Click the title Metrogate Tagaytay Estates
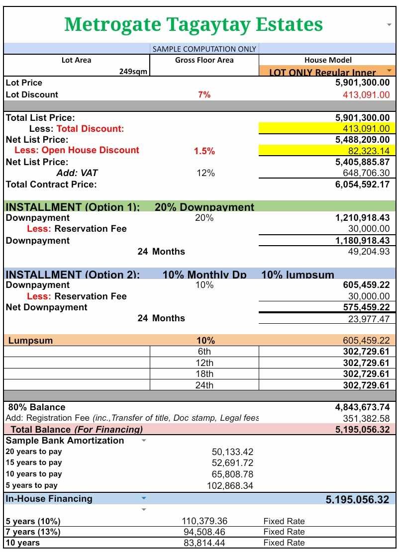click(193, 24)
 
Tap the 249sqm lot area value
click(133, 72)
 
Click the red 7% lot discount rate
click(204, 94)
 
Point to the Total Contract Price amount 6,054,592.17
click(362, 184)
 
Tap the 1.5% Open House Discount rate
click(204, 151)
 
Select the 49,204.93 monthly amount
click(369, 252)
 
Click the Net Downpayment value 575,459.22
click(366, 307)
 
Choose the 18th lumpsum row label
click(204, 374)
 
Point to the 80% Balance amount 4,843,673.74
click(362, 407)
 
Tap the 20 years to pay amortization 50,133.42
click(232, 452)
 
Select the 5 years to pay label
click(31, 485)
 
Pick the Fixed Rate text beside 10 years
click(284, 543)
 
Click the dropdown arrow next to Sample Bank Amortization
click(144, 441)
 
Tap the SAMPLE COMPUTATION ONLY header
click(204, 49)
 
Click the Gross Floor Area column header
click(204, 60)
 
